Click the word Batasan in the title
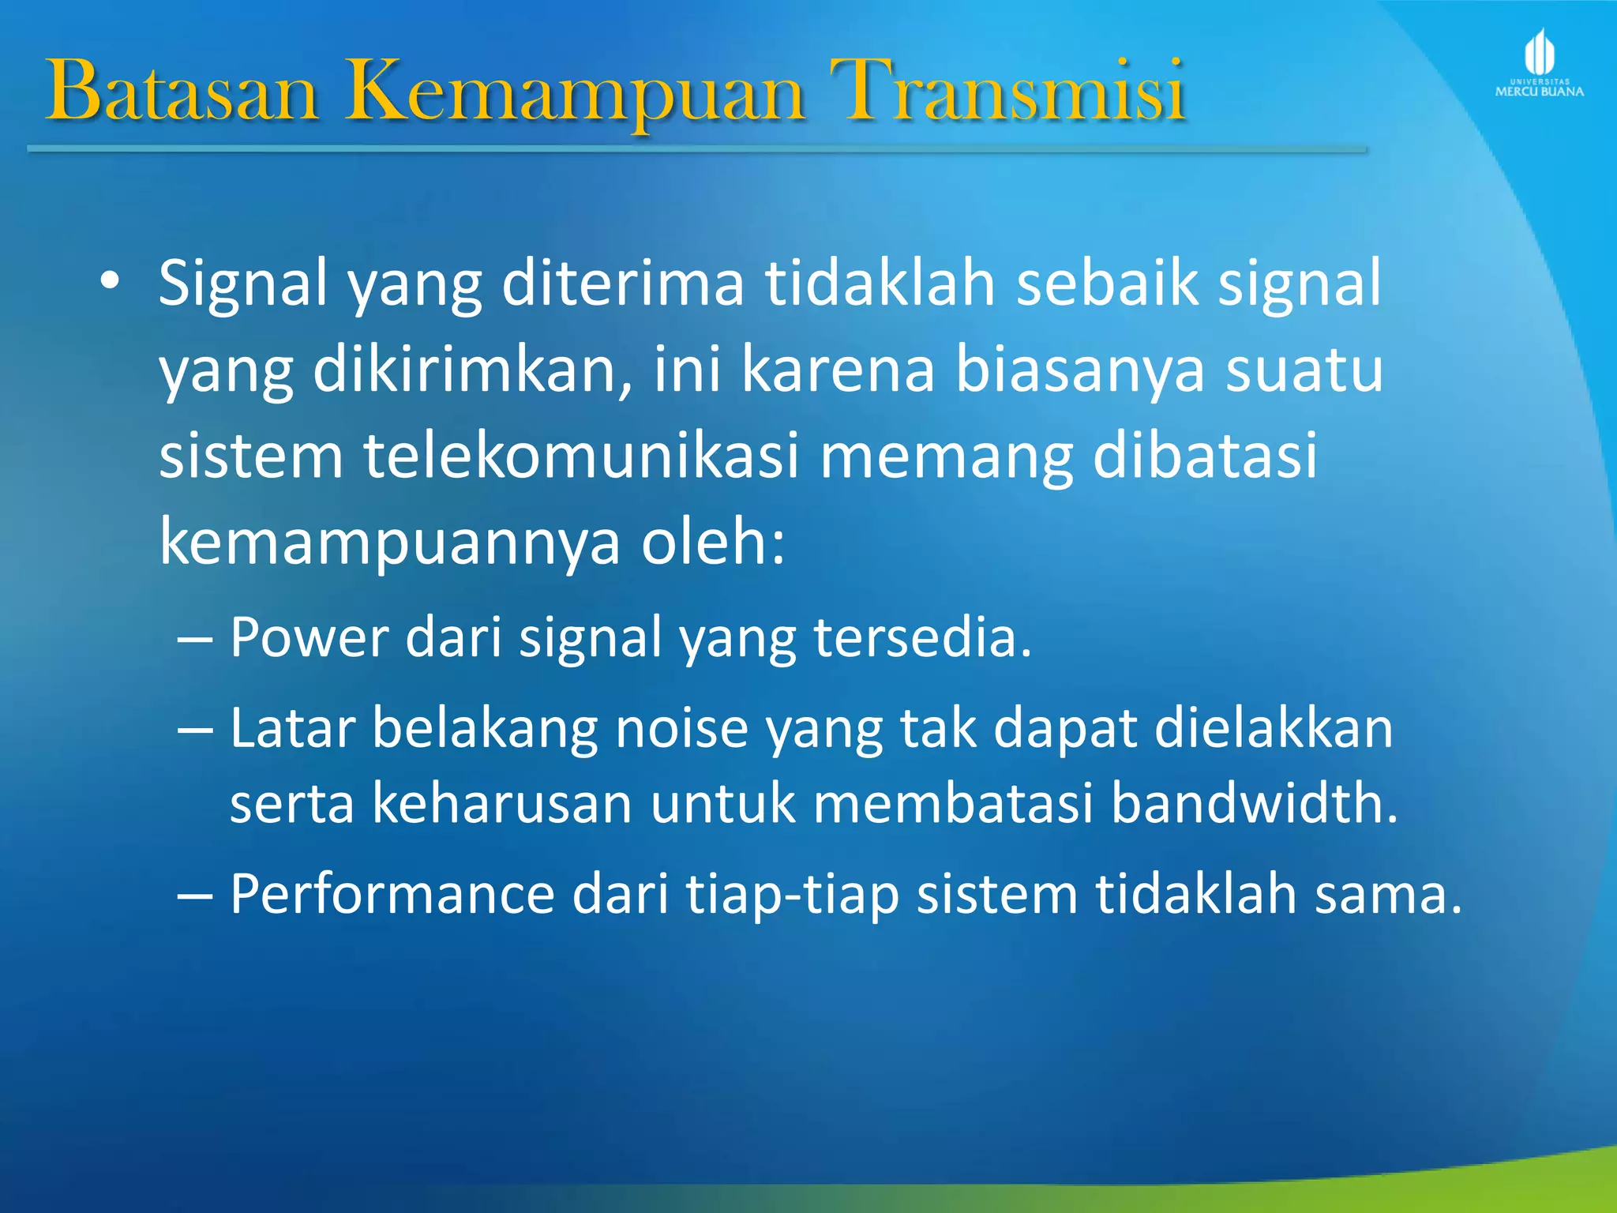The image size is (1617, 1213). pyautogui.click(x=182, y=92)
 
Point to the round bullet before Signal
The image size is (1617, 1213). pyautogui.click(x=110, y=282)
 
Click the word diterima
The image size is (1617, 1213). pyautogui.click(x=622, y=283)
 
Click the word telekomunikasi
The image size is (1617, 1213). pyautogui.click(x=581, y=456)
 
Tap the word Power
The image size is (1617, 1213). pyautogui.click(x=309, y=637)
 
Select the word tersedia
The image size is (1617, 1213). pyautogui.click(x=922, y=637)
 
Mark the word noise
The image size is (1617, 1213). pyautogui.click(x=681, y=728)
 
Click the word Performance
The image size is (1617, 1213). pyautogui.click(x=392, y=895)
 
